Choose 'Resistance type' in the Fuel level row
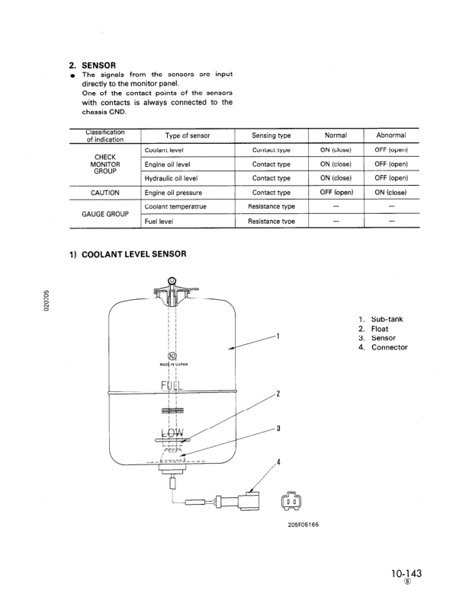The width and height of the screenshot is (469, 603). click(x=272, y=221)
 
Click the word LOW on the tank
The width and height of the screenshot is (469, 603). click(x=172, y=434)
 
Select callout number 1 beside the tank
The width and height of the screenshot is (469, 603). click(x=279, y=336)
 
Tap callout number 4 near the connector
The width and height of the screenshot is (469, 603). click(x=279, y=462)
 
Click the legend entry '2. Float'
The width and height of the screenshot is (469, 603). click(x=374, y=329)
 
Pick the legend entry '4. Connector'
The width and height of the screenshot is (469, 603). click(x=383, y=347)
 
